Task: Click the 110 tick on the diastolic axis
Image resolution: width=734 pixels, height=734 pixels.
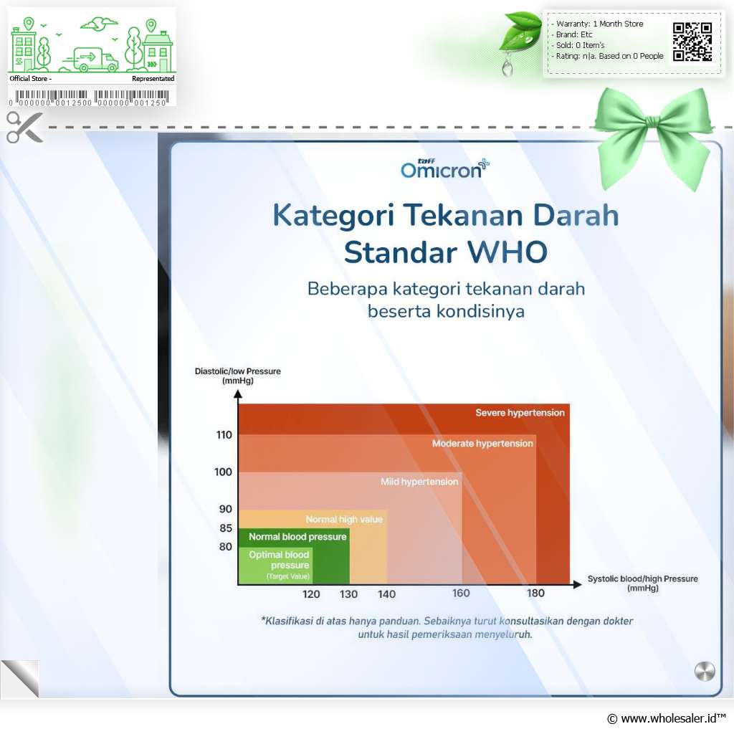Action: point(224,435)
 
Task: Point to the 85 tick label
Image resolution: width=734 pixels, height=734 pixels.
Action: point(226,528)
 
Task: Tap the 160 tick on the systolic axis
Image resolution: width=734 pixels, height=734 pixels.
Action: point(461,593)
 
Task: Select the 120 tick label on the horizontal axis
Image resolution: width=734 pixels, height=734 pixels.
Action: point(311,594)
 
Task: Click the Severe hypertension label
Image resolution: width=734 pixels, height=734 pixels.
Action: point(520,412)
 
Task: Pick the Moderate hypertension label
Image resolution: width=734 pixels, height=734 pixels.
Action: point(482,443)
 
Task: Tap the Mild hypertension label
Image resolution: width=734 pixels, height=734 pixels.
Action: point(419,481)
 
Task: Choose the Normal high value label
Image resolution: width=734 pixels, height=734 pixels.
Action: point(344,519)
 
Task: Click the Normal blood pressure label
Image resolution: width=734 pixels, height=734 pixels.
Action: point(297,536)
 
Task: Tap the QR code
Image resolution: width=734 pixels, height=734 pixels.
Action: point(692,42)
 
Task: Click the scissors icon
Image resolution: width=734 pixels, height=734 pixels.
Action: point(24,128)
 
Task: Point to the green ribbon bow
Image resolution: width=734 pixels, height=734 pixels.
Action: point(654,135)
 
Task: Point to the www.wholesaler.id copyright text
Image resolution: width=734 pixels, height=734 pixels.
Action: point(667,718)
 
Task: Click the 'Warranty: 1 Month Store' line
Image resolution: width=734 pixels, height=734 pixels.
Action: point(600,24)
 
